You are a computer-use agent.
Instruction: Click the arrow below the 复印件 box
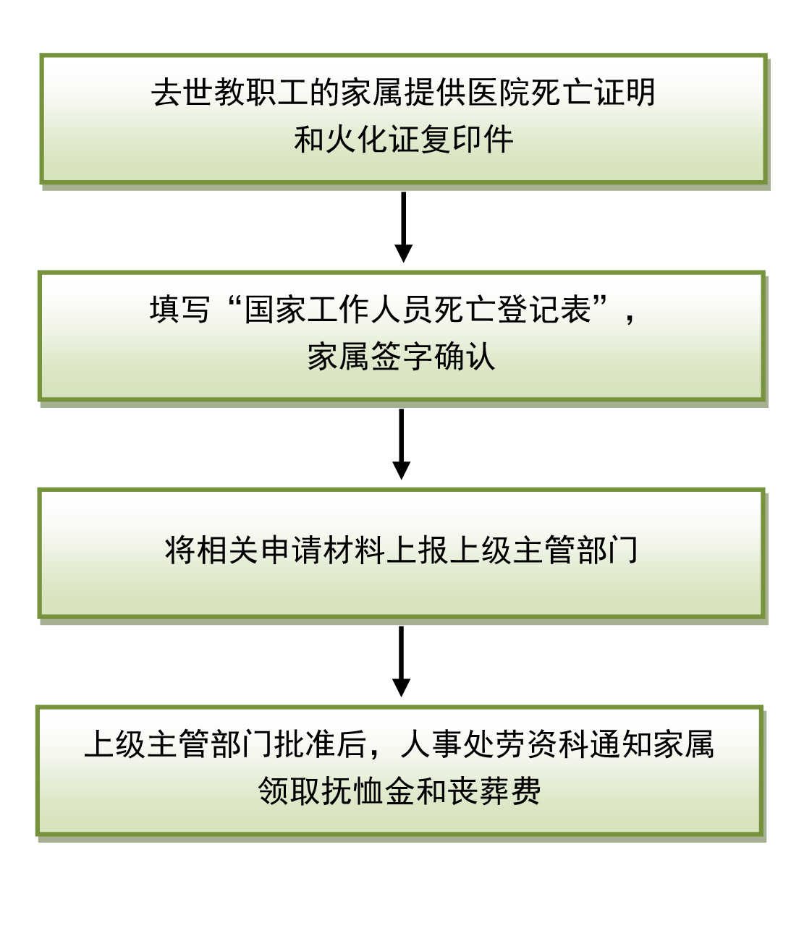[403, 226]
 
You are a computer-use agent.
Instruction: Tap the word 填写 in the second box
[180, 310]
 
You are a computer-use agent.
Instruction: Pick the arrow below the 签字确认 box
[401, 444]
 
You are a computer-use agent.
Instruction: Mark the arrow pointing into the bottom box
[401, 661]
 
